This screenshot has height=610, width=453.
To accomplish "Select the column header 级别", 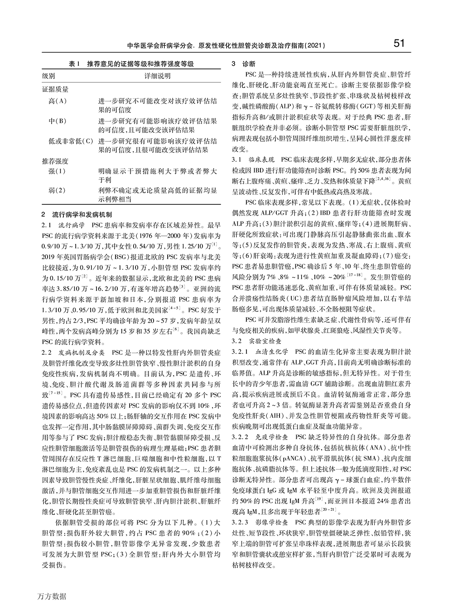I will (x=49, y=76).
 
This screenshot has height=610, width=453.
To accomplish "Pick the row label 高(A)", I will (x=58, y=100).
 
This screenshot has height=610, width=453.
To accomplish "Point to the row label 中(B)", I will (x=58, y=121).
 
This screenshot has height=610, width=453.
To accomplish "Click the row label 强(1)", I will (x=57, y=171).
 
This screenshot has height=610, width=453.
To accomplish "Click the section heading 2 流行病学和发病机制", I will (x=77, y=213).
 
